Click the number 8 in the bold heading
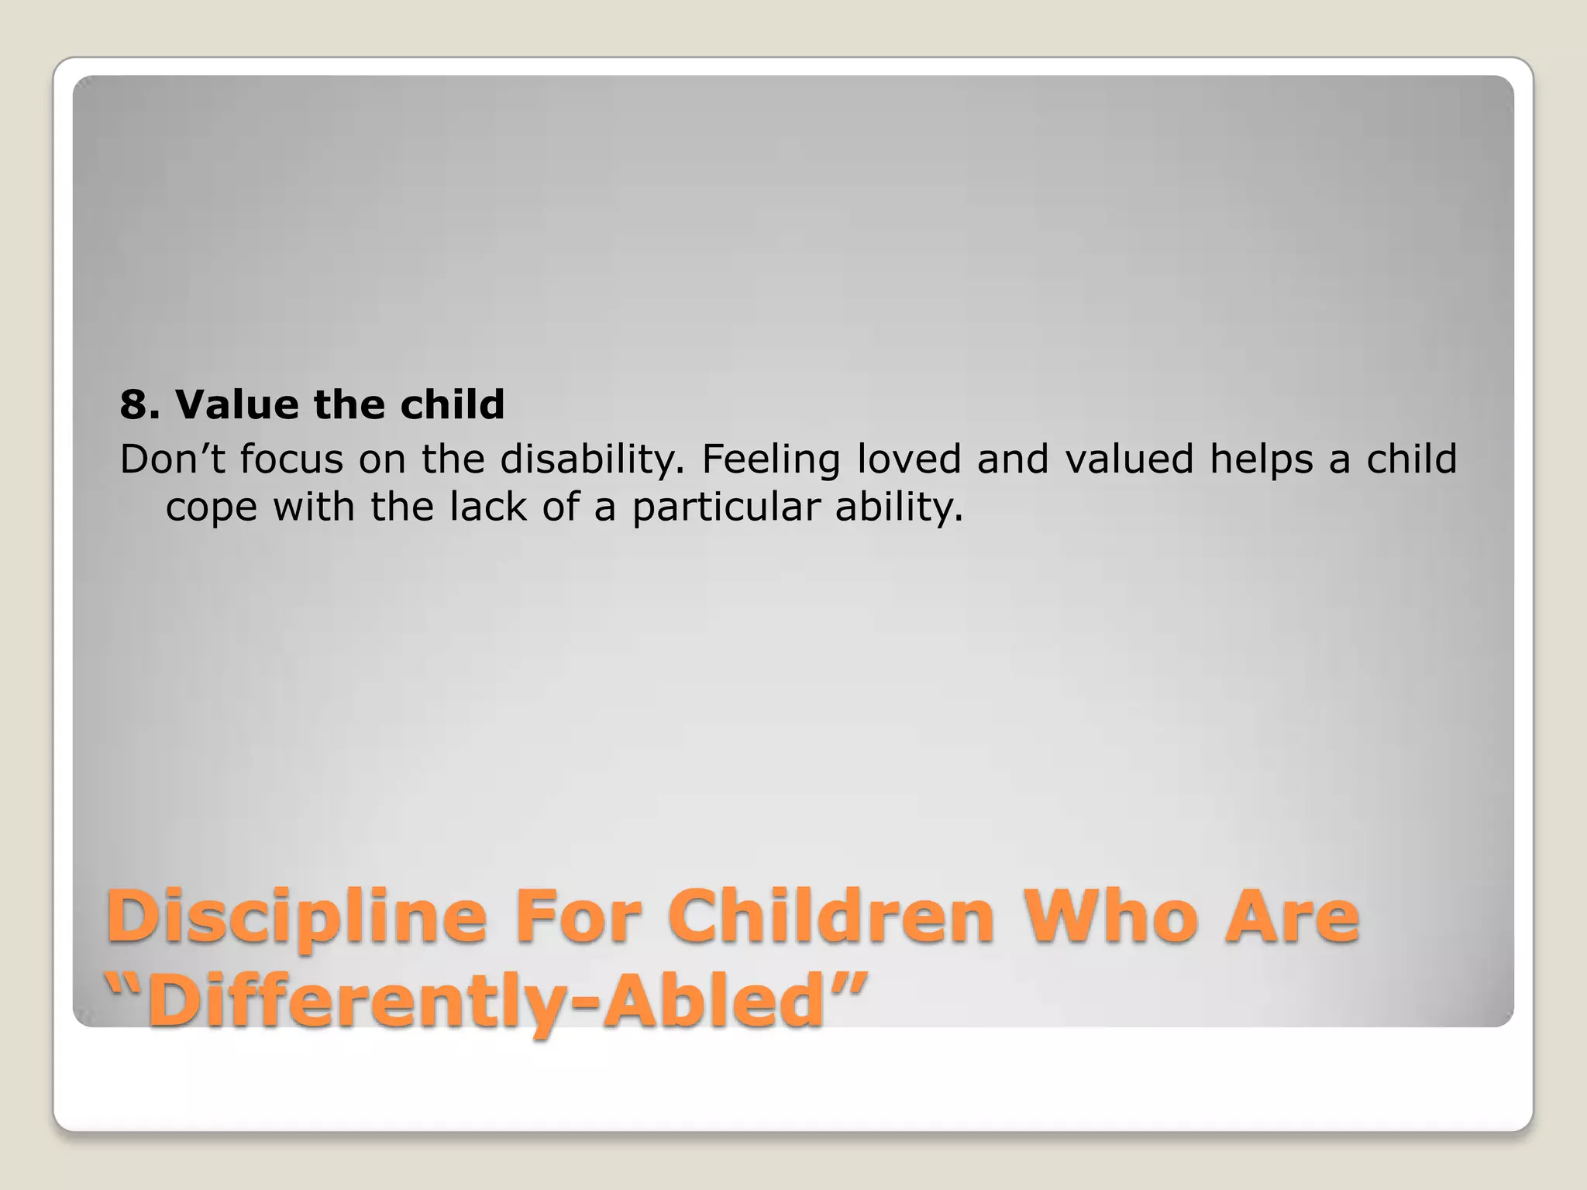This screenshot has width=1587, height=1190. click(x=133, y=404)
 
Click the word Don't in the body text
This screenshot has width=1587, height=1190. click(x=172, y=459)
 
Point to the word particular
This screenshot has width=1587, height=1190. click(x=725, y=508)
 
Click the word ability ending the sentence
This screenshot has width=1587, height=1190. click(x=898, y=508)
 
